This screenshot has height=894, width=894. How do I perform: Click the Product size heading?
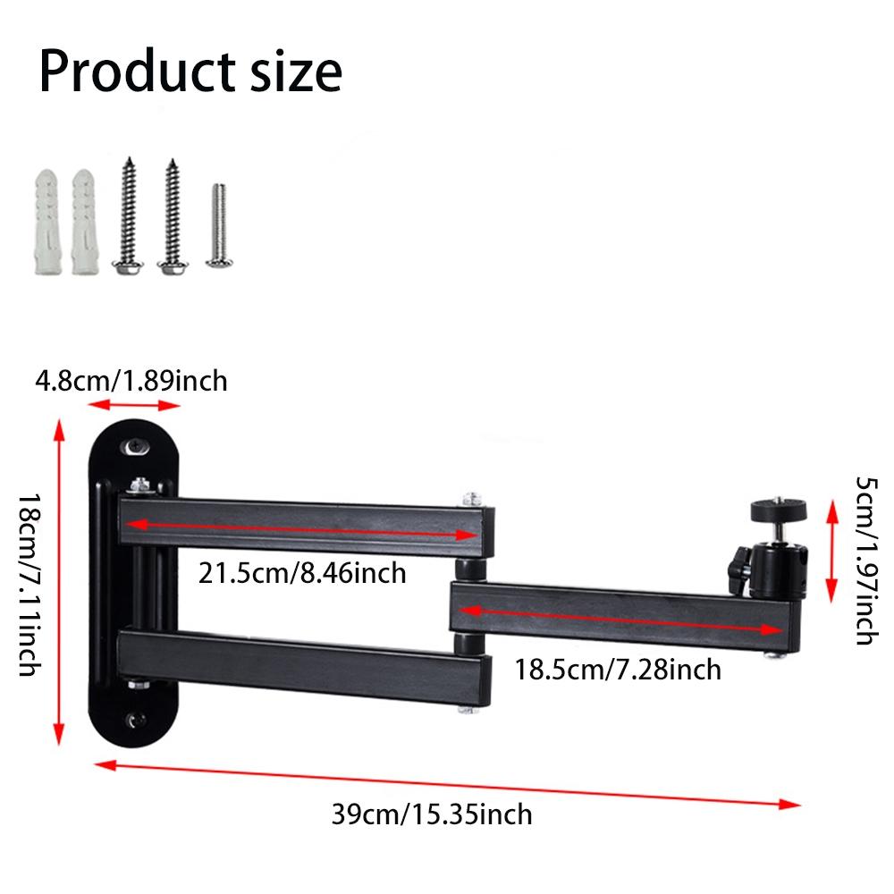(190, 72)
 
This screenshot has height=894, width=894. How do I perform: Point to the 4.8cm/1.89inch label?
(131, 382)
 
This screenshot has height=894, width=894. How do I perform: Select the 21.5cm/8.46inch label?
(302, 572)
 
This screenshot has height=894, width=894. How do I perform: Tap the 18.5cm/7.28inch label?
(618, 668)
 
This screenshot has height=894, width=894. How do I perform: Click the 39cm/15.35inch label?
(432, 814)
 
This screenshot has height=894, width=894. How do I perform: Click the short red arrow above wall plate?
(133, 407)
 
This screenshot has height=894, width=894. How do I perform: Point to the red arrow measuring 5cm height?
(831, 551)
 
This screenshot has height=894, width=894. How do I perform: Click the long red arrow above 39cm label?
(447, 783)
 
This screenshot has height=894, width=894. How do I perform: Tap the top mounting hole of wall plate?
(137, 446)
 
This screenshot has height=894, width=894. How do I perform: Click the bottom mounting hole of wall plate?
(135, 720)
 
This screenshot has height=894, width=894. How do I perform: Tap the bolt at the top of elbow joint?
(471, 495)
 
